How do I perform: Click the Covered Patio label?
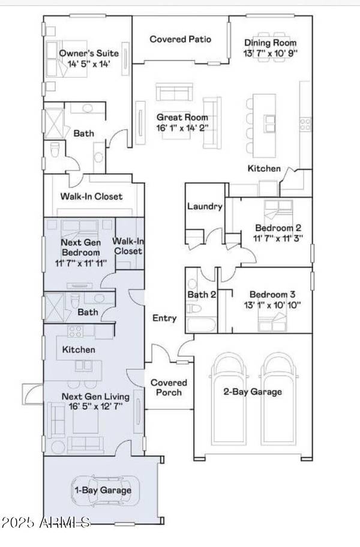180,40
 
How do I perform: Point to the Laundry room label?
205,206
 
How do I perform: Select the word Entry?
164,318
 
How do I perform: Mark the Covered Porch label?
168,387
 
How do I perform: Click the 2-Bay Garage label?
253,392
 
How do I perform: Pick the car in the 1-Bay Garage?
106,490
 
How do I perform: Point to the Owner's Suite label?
88,53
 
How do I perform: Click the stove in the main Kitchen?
305,124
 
